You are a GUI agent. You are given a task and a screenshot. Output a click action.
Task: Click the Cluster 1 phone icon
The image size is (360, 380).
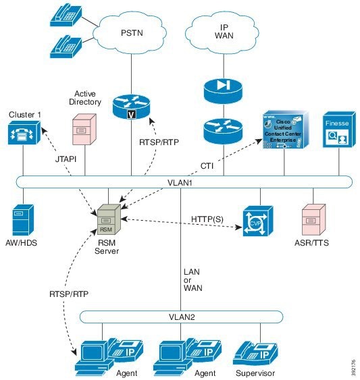click(x=24, y=135)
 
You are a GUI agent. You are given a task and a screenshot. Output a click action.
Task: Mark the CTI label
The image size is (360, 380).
click(x=209, y=164)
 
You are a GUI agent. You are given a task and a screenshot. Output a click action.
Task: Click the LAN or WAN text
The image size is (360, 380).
click(x=192, y=279)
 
